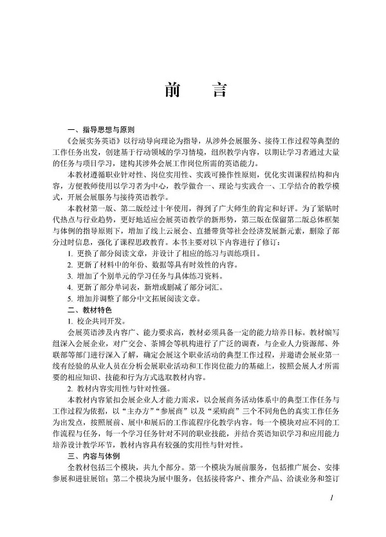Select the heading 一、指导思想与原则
[x=104, y=129]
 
